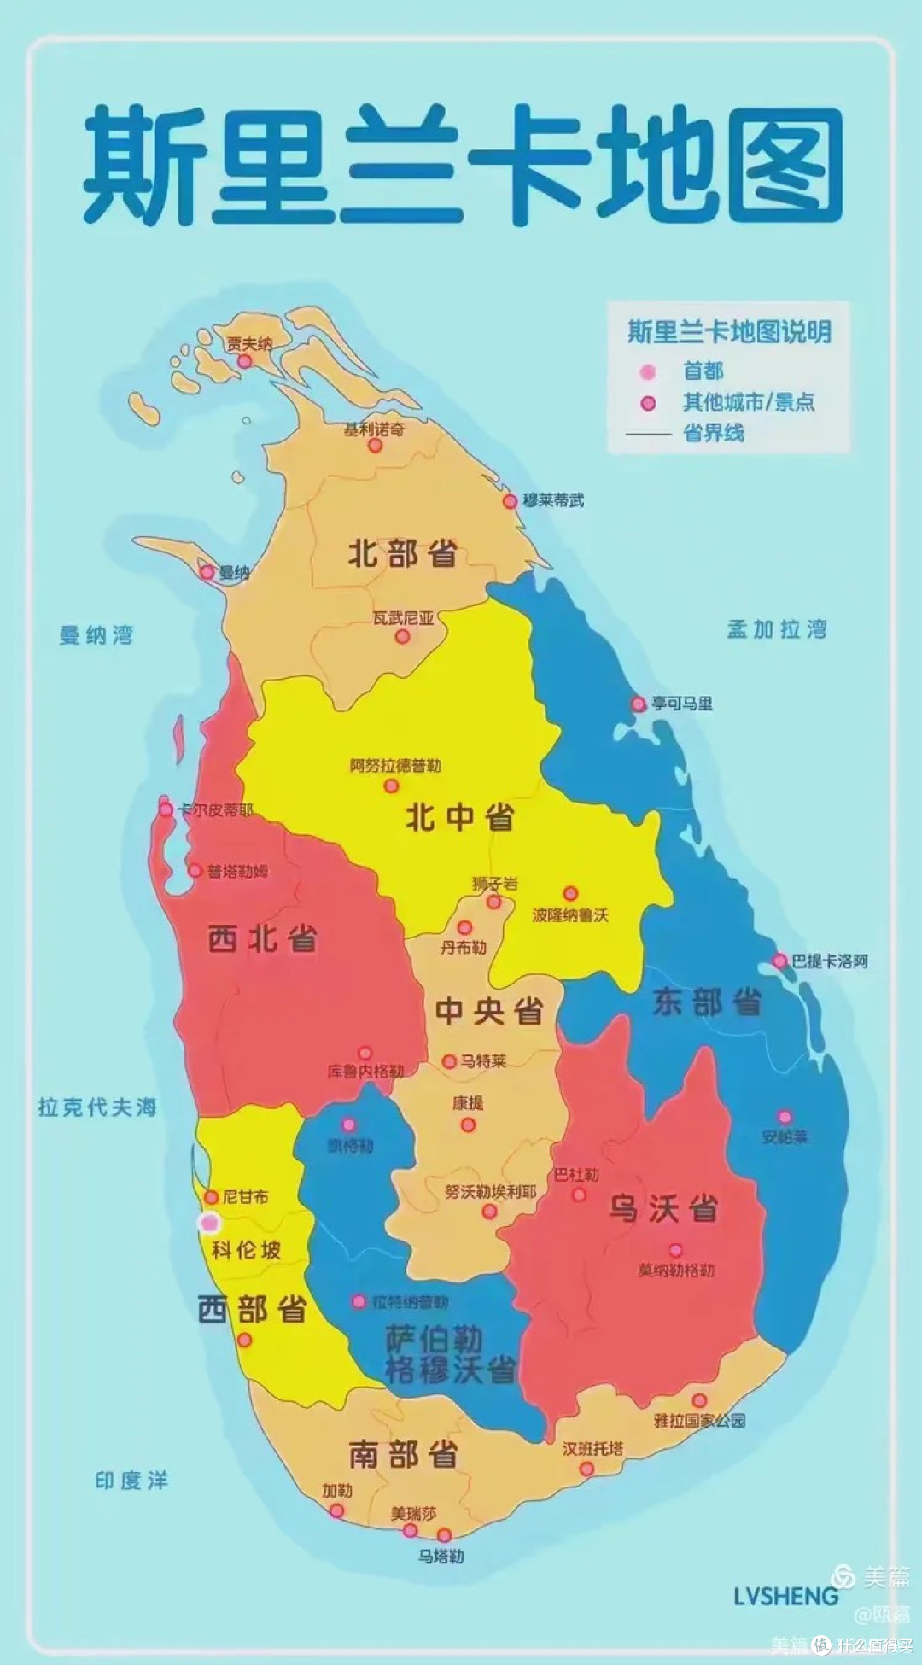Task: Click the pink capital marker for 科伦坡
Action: pos(209,1223)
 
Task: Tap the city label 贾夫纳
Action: pos(249,343)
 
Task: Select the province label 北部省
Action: pos(402,554)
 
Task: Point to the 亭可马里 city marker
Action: pos(639,704)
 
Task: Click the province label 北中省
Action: pos(459,818)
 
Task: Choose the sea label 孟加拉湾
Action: pos(777,629)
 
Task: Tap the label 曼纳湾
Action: pos(96,634)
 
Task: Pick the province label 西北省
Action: pos(262,939)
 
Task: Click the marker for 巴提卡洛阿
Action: pos(779,961)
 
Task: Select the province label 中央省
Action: pos(489,1011)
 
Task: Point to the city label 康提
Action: pos(468,1102)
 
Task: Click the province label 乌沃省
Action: pos(663,1209)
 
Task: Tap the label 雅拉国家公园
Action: pos(699,1420)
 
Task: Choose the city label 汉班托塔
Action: pos(592,1449)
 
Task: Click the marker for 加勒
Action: pos(337,1510)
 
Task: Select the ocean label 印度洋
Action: pos(131,1480)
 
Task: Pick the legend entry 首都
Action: pos(703,371)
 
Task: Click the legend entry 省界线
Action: pos(713,433)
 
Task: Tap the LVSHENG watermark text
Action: pos(785,1596)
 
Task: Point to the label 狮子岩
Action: pos(495,884)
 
